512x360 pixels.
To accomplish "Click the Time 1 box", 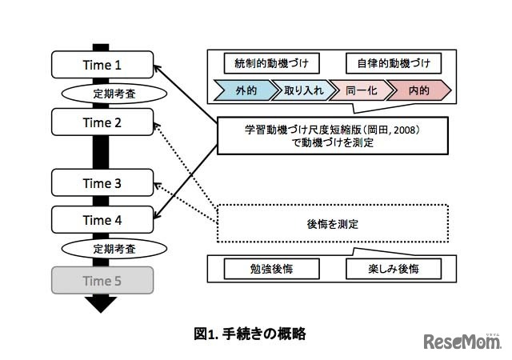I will (x=102, y=64).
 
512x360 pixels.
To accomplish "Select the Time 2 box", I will (x=102, y=122).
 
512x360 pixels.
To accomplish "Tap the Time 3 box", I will (x=102, y=183).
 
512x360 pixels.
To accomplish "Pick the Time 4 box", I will (x=102, y=218).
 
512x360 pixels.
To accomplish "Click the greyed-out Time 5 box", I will (x=102, y=281).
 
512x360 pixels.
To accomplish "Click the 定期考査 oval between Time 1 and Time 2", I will (x=102, y=93).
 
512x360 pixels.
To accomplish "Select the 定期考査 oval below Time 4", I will (x=102, y=249).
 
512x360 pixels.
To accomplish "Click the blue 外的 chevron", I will (x=243, y=90).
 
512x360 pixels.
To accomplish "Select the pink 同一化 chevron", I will (x=361, y=90).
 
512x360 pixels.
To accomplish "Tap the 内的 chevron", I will (x=419, y=90).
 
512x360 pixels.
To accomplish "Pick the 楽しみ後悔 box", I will (x=393, y=269).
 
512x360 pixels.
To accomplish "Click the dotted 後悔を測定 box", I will (x=331, y=224).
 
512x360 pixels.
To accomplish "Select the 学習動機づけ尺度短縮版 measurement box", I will (x=331, y=136).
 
